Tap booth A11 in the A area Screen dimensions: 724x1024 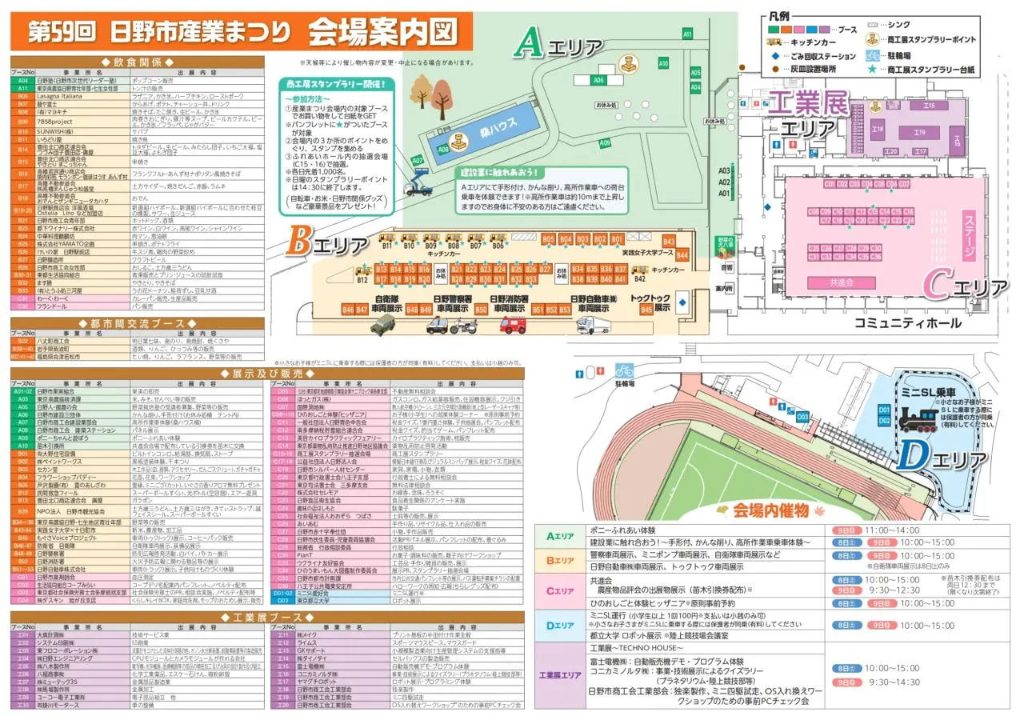click(x=687, y=34)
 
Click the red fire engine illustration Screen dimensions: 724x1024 click(x=512, y=325)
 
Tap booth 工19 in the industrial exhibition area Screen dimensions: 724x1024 click(x=919, y=132)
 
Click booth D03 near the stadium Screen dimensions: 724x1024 click(x=802, y=415)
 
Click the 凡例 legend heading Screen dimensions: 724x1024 click(x=779, y=16)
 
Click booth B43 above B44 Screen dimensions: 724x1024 click(x=669, y=242)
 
